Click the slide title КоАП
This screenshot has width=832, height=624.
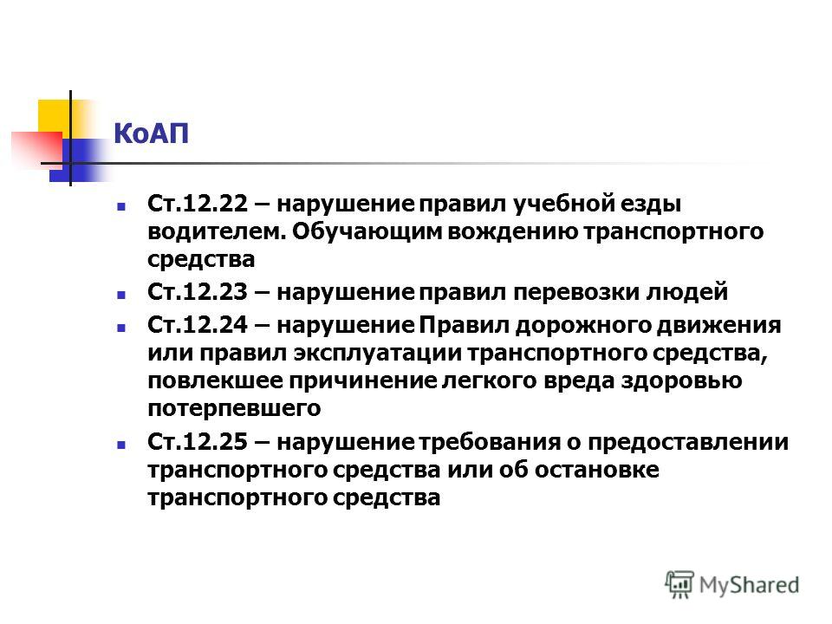tap(151, 133)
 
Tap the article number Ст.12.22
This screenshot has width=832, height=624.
tap(198, 203)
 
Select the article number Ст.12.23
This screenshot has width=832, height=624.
tap(198, 292)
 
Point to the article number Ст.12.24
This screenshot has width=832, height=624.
tap(198, 325)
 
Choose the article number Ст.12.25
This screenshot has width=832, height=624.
tap(198, 441)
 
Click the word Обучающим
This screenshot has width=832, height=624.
tap(367, 232)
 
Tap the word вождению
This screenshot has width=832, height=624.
tap(512, 232)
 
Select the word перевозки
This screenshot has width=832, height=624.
tap(576, 293)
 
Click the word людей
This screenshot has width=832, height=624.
tap(687, 293)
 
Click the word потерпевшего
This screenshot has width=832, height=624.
tap(235, 408)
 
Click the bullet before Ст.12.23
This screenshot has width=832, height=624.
tap(121, 294)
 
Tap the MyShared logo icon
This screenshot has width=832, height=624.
tap(679, 584)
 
